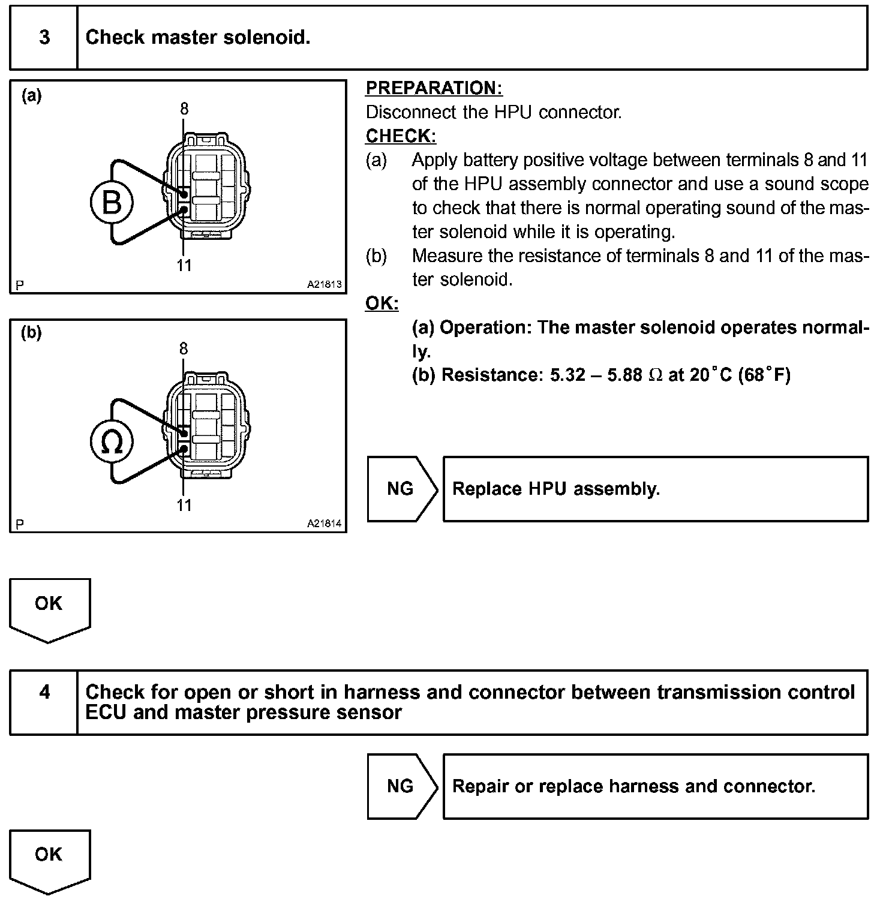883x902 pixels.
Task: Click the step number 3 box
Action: pos(44,38)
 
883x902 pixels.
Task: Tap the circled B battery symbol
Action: pos(112,202)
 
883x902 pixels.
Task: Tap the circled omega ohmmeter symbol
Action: pos(112,442)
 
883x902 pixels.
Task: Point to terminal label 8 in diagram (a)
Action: pos(184,109)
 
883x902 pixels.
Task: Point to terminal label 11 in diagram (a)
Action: pos(184,265)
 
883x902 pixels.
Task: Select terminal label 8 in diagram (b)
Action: pos(184,348)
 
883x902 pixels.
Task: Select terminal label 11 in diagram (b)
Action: pos(184,505)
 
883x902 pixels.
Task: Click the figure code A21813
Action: pos(324,284)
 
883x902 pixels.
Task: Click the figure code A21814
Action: pos(324,524)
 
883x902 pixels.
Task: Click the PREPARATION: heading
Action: pos(434,88)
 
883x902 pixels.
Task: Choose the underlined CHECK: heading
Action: pos(401,136)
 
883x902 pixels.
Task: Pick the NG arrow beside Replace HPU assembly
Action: pos(401,489)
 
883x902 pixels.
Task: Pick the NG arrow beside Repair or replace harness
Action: pos(401,786)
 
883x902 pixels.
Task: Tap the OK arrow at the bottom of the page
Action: pos(49,858)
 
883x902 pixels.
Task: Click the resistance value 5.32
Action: pos(567,375)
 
